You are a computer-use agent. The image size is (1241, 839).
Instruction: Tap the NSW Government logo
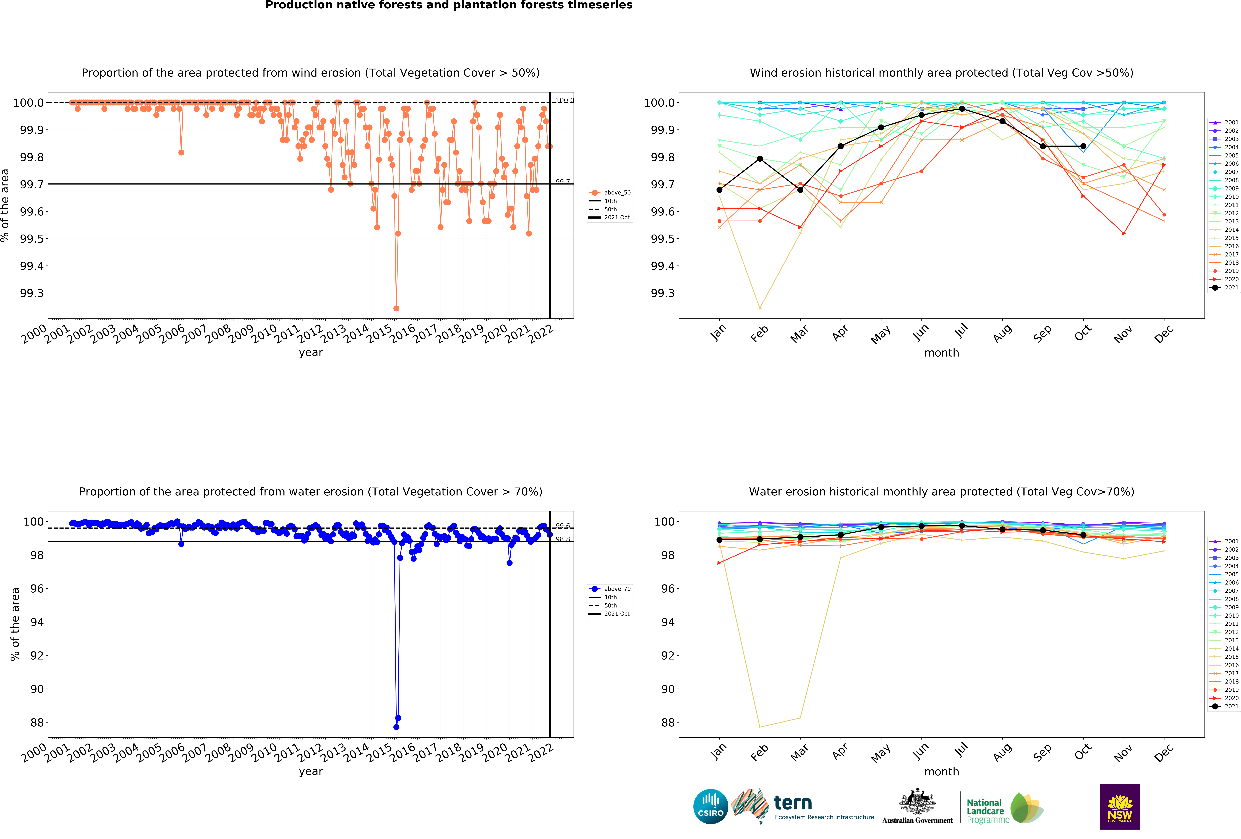tap(1120, 806)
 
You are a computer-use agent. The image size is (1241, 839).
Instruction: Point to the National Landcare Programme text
tap(985, 811)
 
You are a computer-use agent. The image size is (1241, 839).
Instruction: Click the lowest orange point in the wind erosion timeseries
tap(396, 308)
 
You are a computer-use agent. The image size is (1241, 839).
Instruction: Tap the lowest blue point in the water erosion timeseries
tap(396, 727)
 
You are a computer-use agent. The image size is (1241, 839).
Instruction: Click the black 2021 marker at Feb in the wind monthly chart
tap(760, 159)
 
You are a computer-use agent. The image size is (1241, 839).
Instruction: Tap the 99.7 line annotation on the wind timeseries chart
tap(562, 182)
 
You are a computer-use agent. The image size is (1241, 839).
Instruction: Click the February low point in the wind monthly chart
tap(760, 308)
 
